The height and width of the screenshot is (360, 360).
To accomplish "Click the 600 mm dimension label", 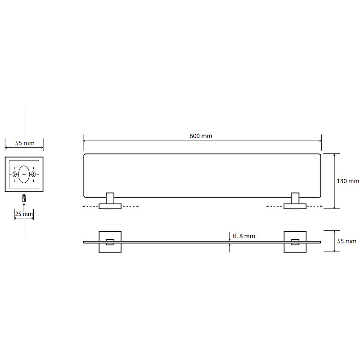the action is (x=201, y=136).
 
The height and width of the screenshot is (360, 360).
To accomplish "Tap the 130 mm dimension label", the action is (x=348, y=181).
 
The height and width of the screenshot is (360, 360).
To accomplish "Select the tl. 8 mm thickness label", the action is (x=244, y=236).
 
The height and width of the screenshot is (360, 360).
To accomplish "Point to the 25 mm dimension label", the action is (x=24, y=214).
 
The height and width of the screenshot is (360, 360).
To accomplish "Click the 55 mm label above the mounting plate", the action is (x=25, y=143).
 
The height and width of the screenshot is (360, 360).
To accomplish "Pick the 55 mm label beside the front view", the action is (x=346, y=241).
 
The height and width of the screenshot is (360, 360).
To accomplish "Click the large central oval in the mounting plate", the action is (x=24, y=174).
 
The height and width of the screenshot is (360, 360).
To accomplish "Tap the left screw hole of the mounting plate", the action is (x=14, y=174).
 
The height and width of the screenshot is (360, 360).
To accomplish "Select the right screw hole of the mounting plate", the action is (x=33, y=174).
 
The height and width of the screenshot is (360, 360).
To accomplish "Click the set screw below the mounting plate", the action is (x=24, y=198).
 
